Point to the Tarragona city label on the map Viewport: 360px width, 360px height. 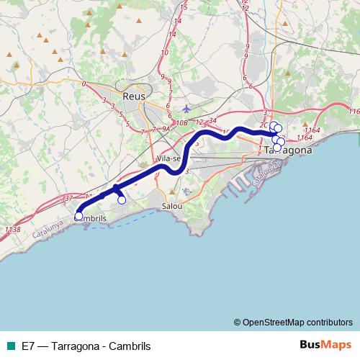(288, 150)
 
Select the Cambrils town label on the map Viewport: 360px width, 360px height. (91, 218)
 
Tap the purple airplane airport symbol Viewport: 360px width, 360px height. (187, 109)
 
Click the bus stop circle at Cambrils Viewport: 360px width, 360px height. (78, 215)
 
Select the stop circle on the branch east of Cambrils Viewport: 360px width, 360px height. (122, 201)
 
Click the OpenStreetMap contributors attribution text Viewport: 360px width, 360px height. (297, 322)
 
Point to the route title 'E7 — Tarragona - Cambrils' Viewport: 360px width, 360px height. (86, 346)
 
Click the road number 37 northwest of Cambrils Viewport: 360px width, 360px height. (68, 198)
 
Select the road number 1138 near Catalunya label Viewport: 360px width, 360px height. (12, 230)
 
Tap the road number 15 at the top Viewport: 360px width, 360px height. (185, 7)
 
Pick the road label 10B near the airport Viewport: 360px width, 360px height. (181, 123)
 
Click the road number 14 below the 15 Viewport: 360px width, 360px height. (173, 33)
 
